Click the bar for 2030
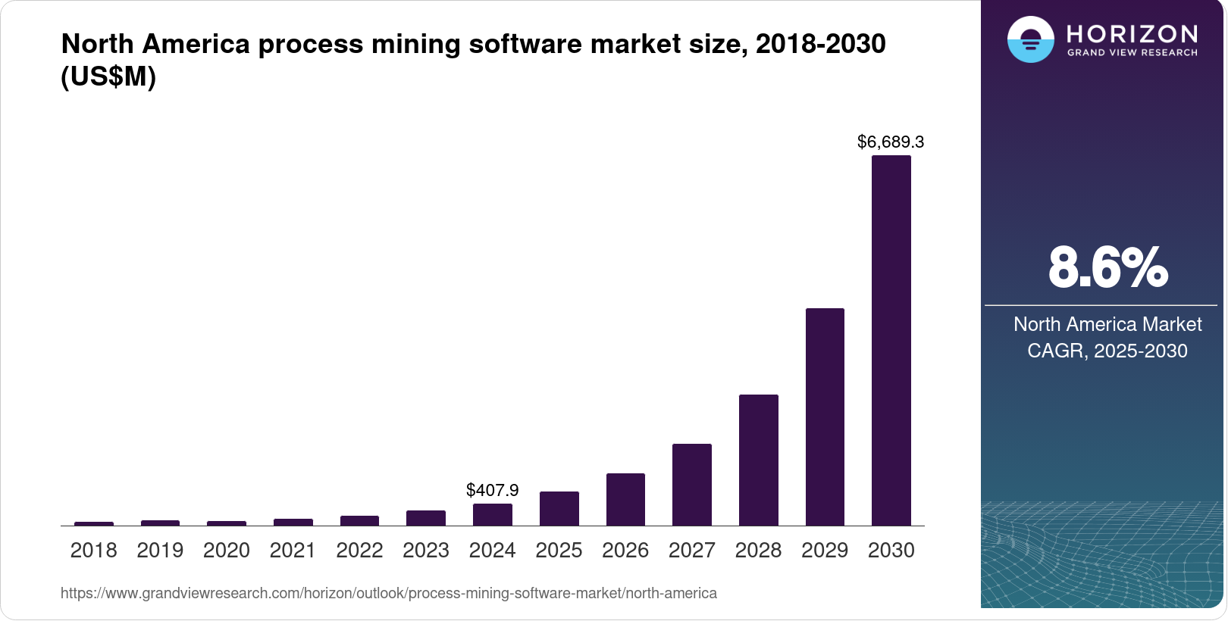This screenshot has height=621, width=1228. click(891, 341)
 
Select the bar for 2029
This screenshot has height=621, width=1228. click(825, 417)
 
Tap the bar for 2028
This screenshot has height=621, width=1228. click(758, 460)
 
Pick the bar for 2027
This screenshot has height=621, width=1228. click(691, 485)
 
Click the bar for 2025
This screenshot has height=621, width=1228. click(559, 508)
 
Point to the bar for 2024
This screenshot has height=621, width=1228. click(492, 514)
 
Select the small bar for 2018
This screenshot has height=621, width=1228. click(94, 523)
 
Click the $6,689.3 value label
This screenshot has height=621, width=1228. click(891, 142)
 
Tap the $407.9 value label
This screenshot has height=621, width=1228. click(492, 490)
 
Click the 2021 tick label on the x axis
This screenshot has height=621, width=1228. click(293, 551)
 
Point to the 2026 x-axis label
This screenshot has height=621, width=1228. click(625, 551)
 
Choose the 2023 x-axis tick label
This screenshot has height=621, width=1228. click(425, 551)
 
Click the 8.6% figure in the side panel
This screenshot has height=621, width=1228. click(1107, 267)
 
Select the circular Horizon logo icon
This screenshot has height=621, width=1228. click(1030, 39)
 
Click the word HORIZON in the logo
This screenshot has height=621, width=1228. click(1132, 33)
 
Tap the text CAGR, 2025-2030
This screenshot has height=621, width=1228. click(1107, 351)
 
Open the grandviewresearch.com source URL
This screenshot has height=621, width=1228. click(388, 593)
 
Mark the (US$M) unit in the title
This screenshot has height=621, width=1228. click(108, 76)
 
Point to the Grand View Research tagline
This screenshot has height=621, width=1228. click(1132, 52)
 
